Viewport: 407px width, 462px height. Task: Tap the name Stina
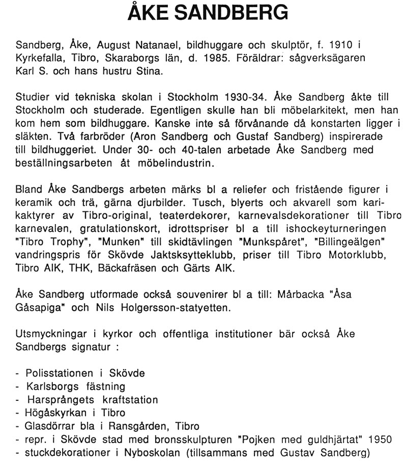tap(151, 70)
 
